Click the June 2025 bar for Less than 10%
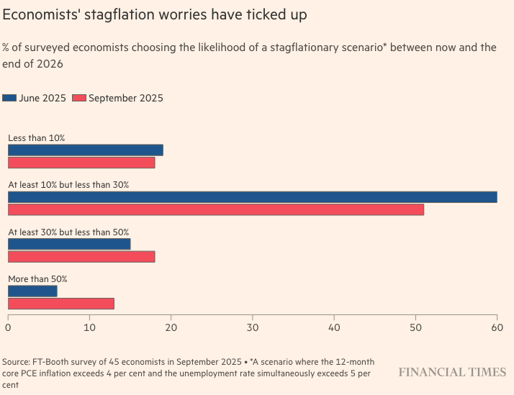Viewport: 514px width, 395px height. point(85,150)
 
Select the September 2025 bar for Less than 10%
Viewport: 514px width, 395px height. point(81,163)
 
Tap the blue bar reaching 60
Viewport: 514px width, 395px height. point(252,197)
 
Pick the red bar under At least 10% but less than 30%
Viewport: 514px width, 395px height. point(216,209)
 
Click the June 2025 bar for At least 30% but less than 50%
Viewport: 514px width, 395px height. point(69,244)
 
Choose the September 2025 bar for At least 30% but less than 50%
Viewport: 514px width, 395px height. point(81,256)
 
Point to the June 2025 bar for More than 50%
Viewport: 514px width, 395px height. point(32,291)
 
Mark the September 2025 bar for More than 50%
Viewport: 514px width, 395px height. point(60,303)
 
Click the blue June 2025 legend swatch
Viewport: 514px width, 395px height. point(9,98)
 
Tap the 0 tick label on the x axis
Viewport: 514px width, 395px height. point(8,328)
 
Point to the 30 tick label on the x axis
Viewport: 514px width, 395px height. point(252,328)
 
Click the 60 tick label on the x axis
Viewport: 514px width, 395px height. point(497,328)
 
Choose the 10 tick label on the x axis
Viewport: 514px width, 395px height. point(89,328)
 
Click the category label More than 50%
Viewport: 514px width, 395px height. point(37,278)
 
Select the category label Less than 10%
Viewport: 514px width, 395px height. point(37,137)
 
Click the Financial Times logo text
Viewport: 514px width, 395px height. point(453,372)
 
